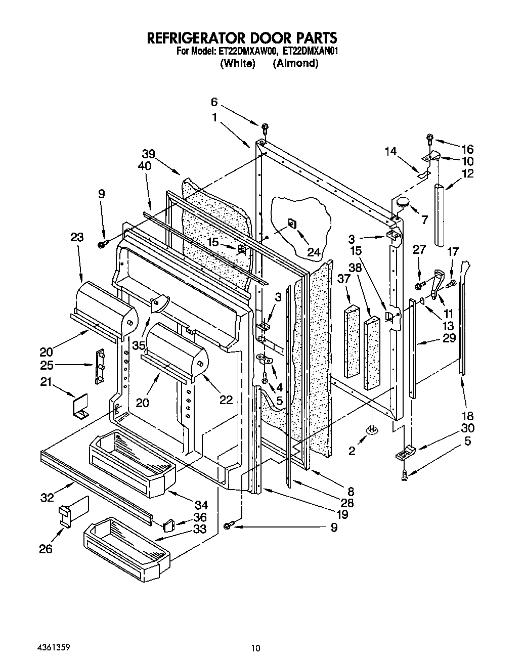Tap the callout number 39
(x=148, y=154)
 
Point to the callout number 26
(x=46, y=548)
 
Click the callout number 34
(x=201, y=504)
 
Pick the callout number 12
(x=468, y=173)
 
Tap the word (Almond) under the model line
(x=295, y=63)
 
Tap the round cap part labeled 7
(x=403, y=203)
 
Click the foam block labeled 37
(x=352, y=341)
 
